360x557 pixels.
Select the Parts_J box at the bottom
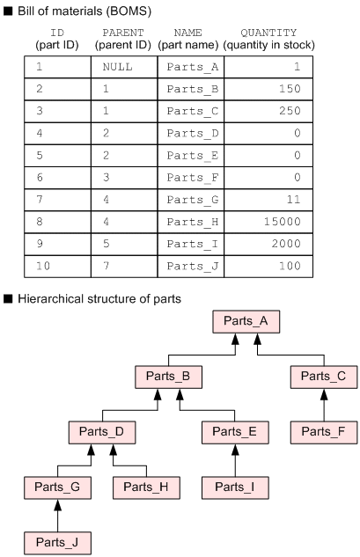click(57, 542)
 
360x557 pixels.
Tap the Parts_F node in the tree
click(324, 432)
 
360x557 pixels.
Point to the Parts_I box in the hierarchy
click(235, 487)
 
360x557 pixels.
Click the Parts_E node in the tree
click(235, 432)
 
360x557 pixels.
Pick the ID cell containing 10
click(57, 265)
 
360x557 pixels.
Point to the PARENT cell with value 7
click(123, 265)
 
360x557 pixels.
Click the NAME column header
click(188, 38)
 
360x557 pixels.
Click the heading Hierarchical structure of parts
click(99, 298)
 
